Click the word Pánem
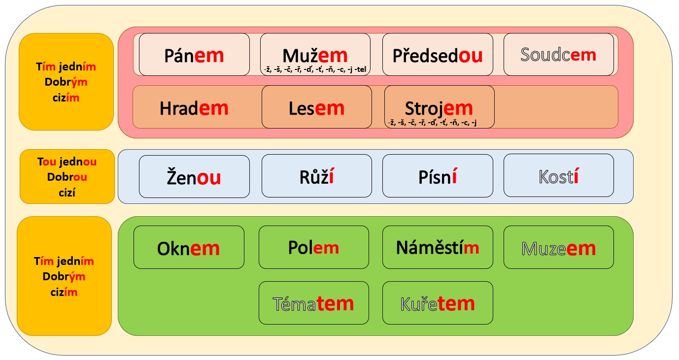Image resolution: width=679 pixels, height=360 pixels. [194, 56]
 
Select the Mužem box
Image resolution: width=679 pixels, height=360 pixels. [315, 54]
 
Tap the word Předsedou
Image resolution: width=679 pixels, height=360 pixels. [438, 56]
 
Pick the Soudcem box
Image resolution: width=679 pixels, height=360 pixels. [559, 54]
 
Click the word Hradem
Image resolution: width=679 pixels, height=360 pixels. [194, 108]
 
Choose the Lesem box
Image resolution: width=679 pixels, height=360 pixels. [317, 107]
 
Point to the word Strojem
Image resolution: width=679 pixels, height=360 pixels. [439, 108]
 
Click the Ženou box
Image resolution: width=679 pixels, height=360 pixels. [194, 176]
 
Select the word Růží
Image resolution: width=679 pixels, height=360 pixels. [317, 176]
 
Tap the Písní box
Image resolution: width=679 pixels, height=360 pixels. [438, 176]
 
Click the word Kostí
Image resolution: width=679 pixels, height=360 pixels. [559, 176]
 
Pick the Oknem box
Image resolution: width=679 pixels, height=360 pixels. [189, 247]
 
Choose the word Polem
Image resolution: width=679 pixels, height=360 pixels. [313, 248]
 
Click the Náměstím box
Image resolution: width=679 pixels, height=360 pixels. [438, 247]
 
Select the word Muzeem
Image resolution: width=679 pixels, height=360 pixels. [559, 249]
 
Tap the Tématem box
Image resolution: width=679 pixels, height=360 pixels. [314, 303]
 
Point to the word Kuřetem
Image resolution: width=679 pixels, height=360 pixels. [438, 304]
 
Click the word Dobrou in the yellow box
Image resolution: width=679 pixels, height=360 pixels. [67, 177]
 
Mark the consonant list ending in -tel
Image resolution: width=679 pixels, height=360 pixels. [315, 70]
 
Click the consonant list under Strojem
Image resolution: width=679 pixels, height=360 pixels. [432, 123]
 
